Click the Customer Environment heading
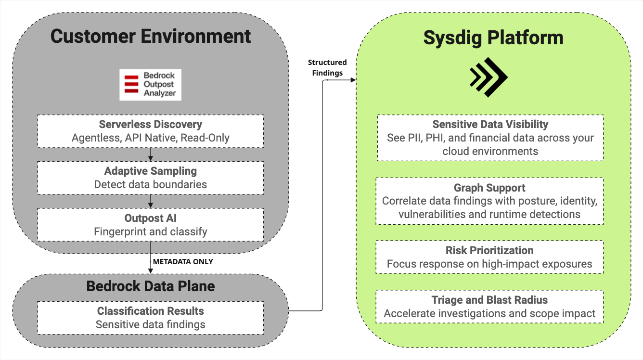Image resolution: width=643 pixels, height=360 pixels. (x=151, y=37)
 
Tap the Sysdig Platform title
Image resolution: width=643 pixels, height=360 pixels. (x=493, y=38)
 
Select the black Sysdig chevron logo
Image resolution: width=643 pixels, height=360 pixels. (x=489, y=78)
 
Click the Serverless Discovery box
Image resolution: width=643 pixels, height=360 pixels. (x=151, y=131)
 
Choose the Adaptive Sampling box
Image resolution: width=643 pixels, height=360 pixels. (x=151, y=178)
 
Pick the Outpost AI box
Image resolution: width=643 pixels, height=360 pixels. (x=151, y=225)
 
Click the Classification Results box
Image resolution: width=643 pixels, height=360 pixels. (x=151, y=318)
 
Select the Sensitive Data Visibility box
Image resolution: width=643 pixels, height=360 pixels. (x=490, y=138)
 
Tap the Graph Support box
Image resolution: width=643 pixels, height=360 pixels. (x=489, y=201)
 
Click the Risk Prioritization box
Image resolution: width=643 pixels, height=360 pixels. (x=489, y=257)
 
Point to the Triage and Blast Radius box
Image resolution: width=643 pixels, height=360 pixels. (x=489, y=307)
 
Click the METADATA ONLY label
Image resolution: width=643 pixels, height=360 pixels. (x=183, y=262)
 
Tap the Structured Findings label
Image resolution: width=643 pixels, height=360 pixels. (x=327, y=68)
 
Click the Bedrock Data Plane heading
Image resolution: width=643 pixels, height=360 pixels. (x=151, y=286)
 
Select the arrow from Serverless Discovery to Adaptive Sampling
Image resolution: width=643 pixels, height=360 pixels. (x=151, y=154)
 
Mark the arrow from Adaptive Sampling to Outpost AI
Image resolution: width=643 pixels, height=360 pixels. (x=151, y=201)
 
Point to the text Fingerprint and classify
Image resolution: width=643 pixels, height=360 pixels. (x=151, y=231)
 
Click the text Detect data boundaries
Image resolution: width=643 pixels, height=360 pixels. (x=151, y=184)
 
